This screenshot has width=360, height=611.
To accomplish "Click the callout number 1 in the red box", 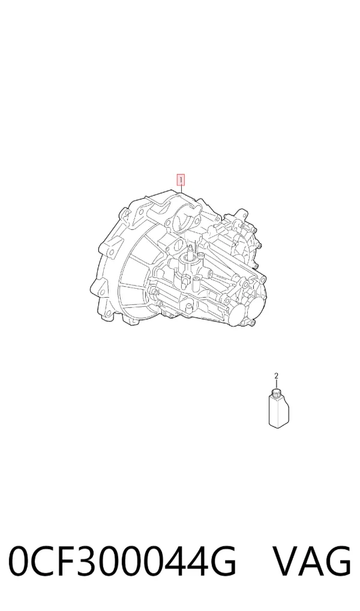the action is [x=181, y=181].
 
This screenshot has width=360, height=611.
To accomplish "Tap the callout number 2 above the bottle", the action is [x=276, y=376].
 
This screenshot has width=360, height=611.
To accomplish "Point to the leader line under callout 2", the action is [x=277, y=384].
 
